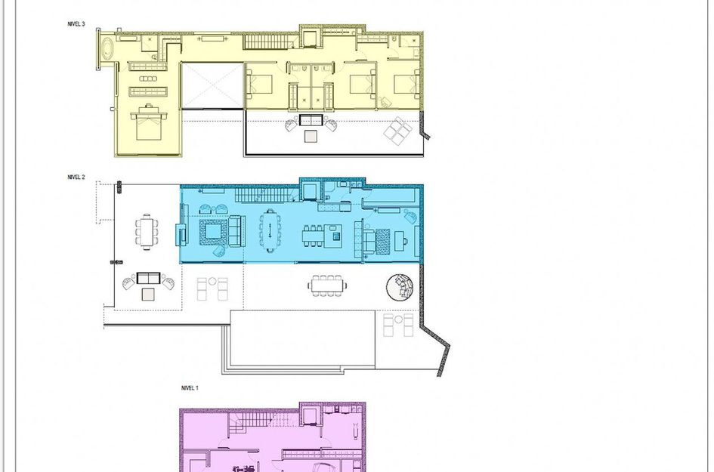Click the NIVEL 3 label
[x=76, y=24]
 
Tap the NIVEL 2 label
[x=76, y=177]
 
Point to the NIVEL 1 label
[x=190, y=388]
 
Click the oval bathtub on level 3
[x=107, y=49]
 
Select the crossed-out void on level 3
[x=212, y=85]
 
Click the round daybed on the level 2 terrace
[x=400, y=287]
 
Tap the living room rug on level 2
[x=212, y=232]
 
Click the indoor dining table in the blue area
[x=270, y=230]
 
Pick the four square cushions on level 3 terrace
[x=397, y=131]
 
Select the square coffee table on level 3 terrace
[x=311, y=136]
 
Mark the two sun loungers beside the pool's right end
[x=398, y=325]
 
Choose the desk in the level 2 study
[x=400, y=241]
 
